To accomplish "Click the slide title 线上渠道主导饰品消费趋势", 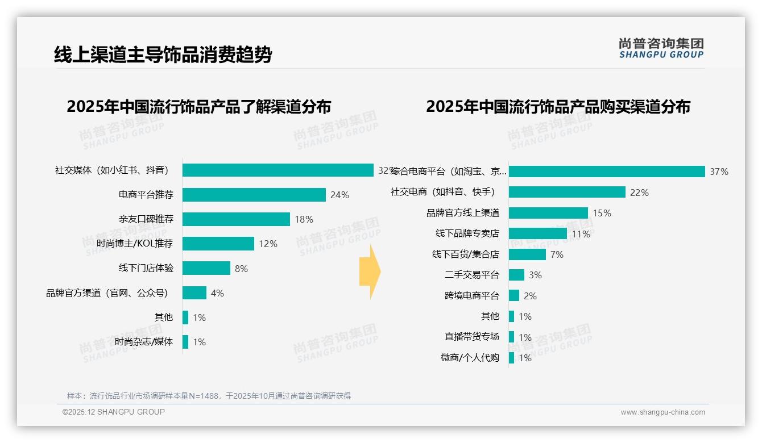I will (x=163, y=55).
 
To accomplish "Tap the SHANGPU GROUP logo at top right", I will (x=661, y=48).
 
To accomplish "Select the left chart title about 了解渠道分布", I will (x=198, y=107).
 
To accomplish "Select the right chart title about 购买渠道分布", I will (x=558, y=107).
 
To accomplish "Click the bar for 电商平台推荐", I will (x=254, y=195).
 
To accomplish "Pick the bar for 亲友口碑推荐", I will (x=237, y=219).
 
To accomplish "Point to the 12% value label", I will (x=268, y=244).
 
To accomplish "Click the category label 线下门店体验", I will (x=146, y=268).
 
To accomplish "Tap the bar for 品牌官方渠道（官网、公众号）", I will (x=194, y=293).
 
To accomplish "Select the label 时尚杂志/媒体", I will (x=143, y=342).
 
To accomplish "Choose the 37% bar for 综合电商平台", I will (x=607, y=172).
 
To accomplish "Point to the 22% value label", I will (x=639, y=193).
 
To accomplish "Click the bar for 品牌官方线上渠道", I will (x=548, y=213).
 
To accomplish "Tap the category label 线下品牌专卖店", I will (x=467, y=233).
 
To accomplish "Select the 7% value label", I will (x=557, y=254).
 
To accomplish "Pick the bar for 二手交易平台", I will (x=516, y=275).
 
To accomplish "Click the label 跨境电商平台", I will (x=471, y=295).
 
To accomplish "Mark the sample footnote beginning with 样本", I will (x=209, y=396).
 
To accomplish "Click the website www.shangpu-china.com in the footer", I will (x=662, y=412).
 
